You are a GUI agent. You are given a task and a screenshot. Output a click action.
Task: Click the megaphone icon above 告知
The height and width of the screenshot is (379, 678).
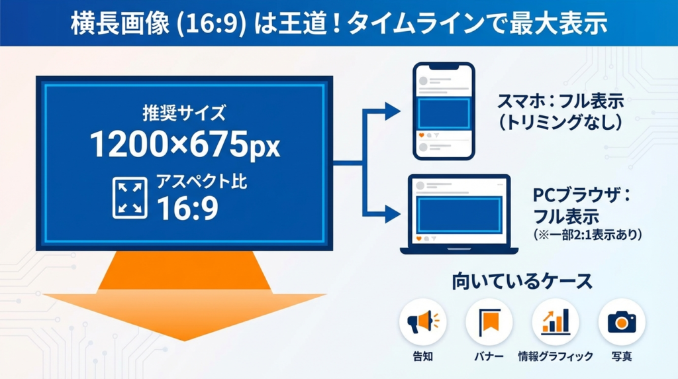click(423, 322)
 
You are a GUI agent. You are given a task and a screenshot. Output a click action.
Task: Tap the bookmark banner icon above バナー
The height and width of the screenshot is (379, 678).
click(489, 322)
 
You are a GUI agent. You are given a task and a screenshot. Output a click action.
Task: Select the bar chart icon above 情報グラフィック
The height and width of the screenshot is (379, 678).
click(556, 321)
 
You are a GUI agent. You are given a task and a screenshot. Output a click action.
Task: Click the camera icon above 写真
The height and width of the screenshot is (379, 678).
click(622, 322)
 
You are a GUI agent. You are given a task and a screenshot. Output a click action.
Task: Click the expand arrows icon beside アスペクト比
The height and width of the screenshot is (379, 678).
click(130, 197)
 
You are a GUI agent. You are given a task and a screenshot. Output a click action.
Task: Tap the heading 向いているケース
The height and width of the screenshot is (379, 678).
click(522, 281)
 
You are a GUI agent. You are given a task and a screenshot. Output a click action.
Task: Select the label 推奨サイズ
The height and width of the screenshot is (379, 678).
click(184, 113)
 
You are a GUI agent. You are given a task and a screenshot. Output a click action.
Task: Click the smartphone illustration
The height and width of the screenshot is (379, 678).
click(444, 111)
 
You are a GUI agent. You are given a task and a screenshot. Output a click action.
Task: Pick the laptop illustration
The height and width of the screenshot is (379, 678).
click(459, 214)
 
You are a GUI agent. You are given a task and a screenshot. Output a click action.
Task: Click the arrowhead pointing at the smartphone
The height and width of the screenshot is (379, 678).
click(393, 111)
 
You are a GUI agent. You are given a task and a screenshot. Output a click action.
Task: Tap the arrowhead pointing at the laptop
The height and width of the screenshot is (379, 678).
click(393, 214)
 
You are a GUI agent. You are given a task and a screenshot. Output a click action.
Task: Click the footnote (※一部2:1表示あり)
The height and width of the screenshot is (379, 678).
click(588, 235)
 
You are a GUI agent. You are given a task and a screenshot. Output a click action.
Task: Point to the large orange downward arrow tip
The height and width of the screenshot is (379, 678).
click(185, 341)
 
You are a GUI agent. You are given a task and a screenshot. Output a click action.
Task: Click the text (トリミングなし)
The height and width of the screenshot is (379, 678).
click(560, 123)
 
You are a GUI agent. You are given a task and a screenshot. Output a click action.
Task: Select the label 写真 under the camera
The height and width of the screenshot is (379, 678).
click(622, 356)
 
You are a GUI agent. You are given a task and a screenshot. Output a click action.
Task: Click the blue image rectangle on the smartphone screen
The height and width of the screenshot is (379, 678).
click(444, 113)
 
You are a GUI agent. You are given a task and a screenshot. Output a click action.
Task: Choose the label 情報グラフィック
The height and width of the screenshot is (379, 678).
click(556, 356)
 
